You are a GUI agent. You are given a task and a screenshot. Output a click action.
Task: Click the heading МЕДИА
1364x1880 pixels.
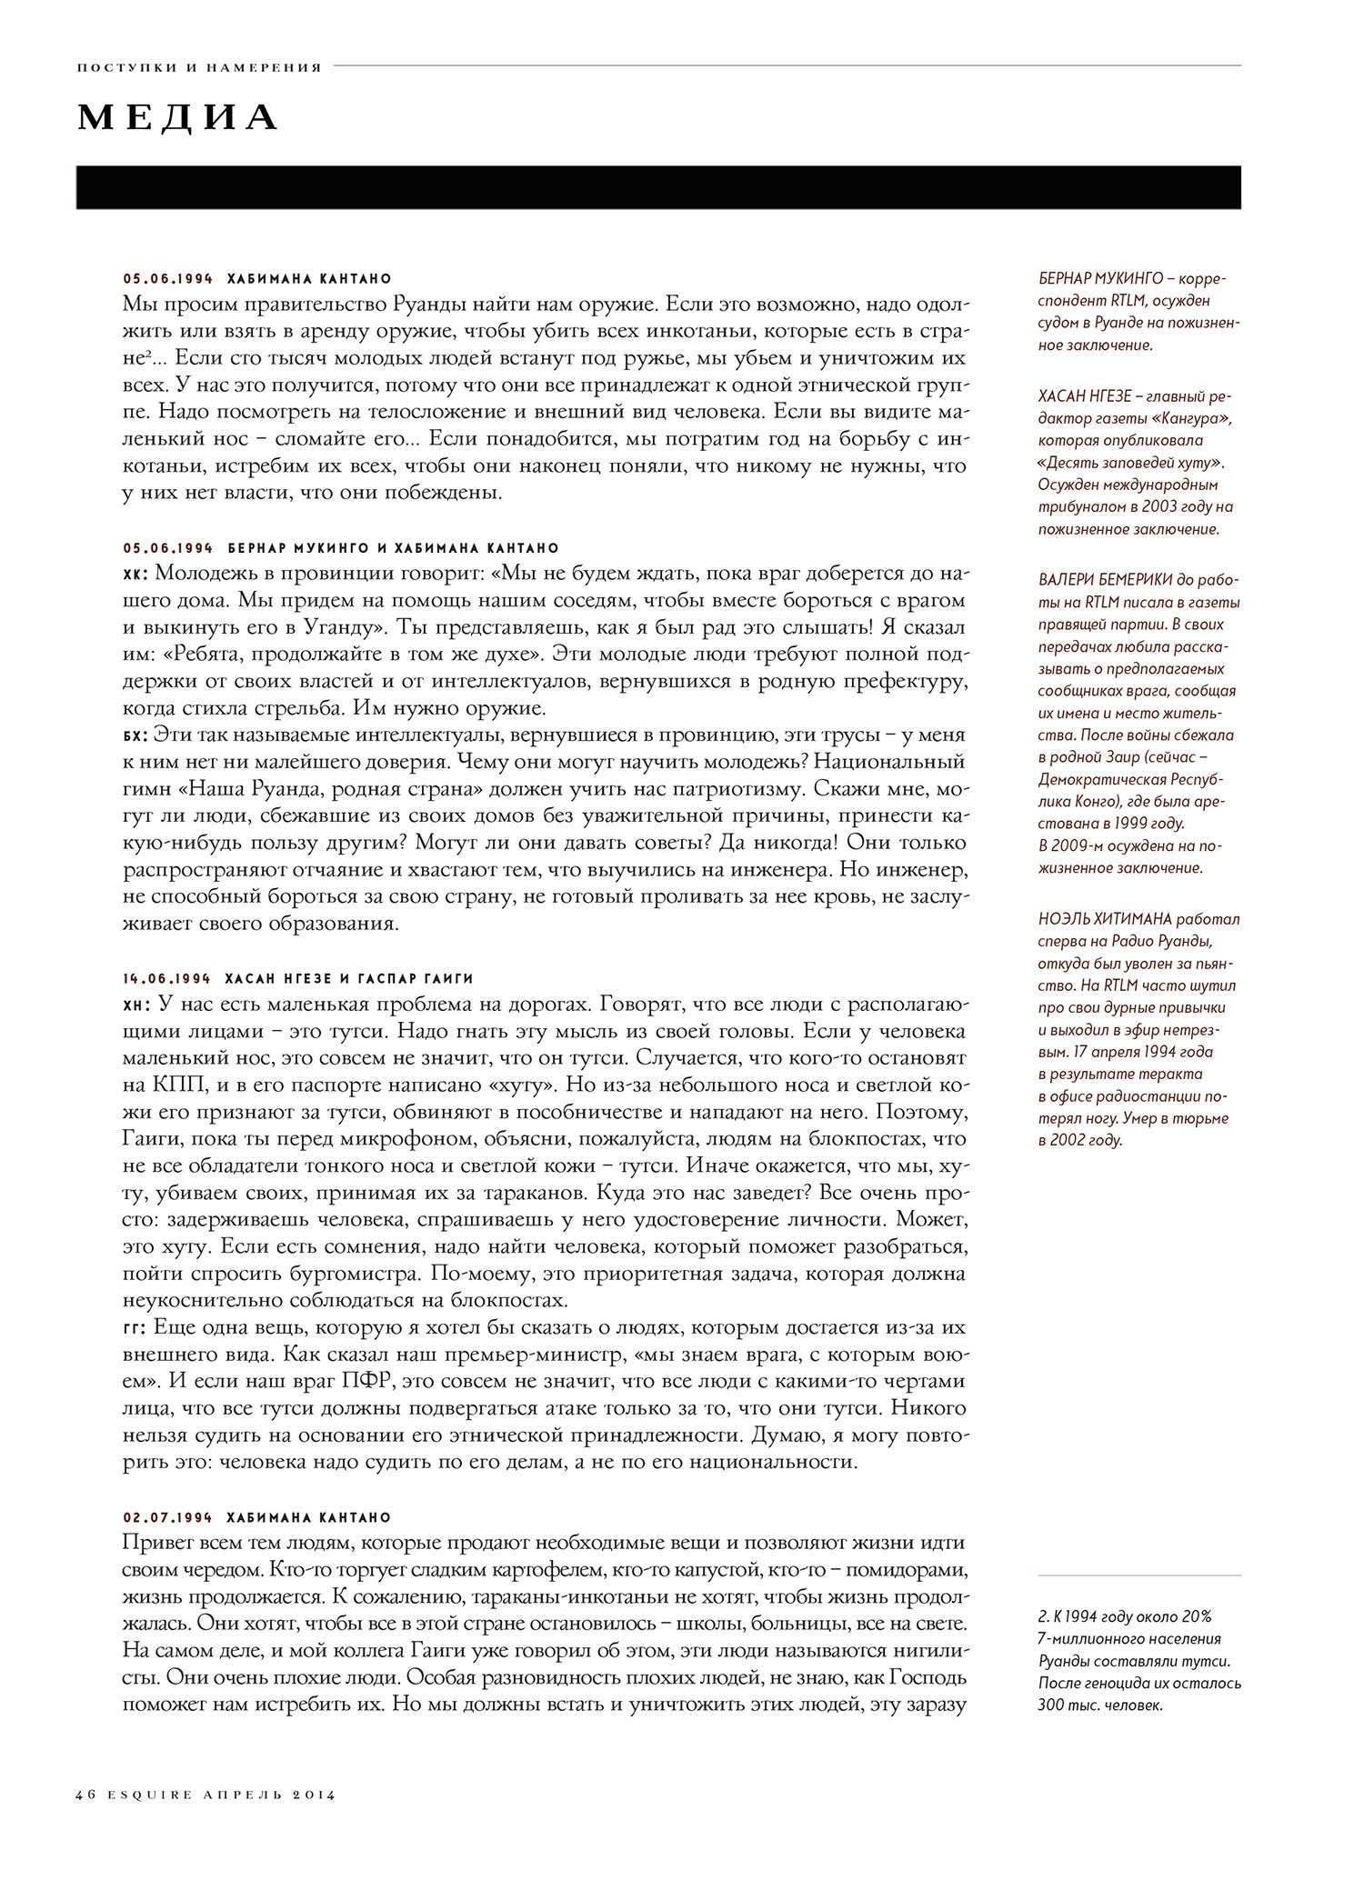tap(178, 117)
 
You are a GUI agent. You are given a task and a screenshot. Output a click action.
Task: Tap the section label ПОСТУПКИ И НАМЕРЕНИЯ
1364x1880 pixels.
tap(199, 67)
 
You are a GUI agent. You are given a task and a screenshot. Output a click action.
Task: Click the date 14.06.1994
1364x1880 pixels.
tap(167, 978)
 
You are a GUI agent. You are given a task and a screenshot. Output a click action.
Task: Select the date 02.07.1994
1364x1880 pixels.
tap(167, 1517)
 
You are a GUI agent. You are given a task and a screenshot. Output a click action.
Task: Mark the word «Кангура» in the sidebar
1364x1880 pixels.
tap(1183, 418)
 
